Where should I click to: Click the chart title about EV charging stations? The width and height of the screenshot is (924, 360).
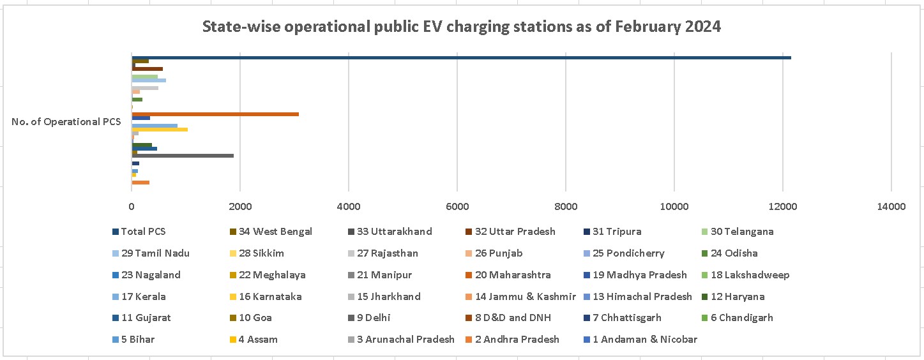tap(461, 27)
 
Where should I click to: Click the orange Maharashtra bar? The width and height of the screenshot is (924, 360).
tap(215, 114)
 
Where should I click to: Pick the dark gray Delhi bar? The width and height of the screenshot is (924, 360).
tap(183, 155)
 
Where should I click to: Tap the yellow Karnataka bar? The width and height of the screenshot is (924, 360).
tap(160, 130)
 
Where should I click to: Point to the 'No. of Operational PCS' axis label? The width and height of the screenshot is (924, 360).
tap(66, 122)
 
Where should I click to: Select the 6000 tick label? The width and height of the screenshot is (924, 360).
tap(457, 206)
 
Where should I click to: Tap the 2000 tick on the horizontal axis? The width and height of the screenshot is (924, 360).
tap(239, 206)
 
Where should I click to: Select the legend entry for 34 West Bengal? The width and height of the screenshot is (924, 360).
tap(275, 232)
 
